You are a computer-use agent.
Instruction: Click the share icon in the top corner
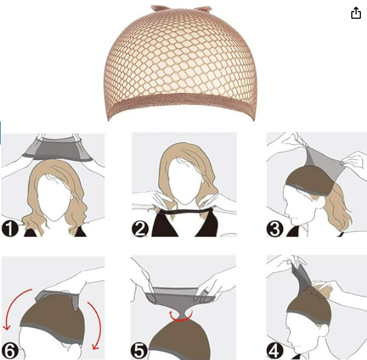tap(356, 13)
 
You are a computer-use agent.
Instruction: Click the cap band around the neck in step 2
tap(184, 211)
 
